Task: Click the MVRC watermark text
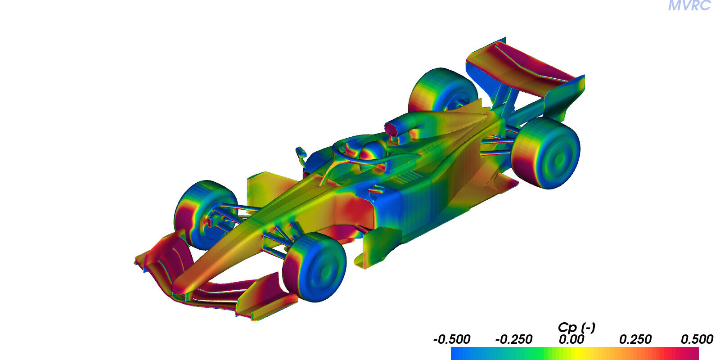(689, 5)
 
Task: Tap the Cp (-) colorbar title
(576, 328)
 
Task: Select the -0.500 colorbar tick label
(452, 339)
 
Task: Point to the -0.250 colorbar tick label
(513, 339)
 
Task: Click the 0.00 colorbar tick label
(571, 339)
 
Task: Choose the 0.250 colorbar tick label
(635, 339)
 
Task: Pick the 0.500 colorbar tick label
(697, 339)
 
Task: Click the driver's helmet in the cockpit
(373, 151)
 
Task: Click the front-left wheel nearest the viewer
(315, 267)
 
